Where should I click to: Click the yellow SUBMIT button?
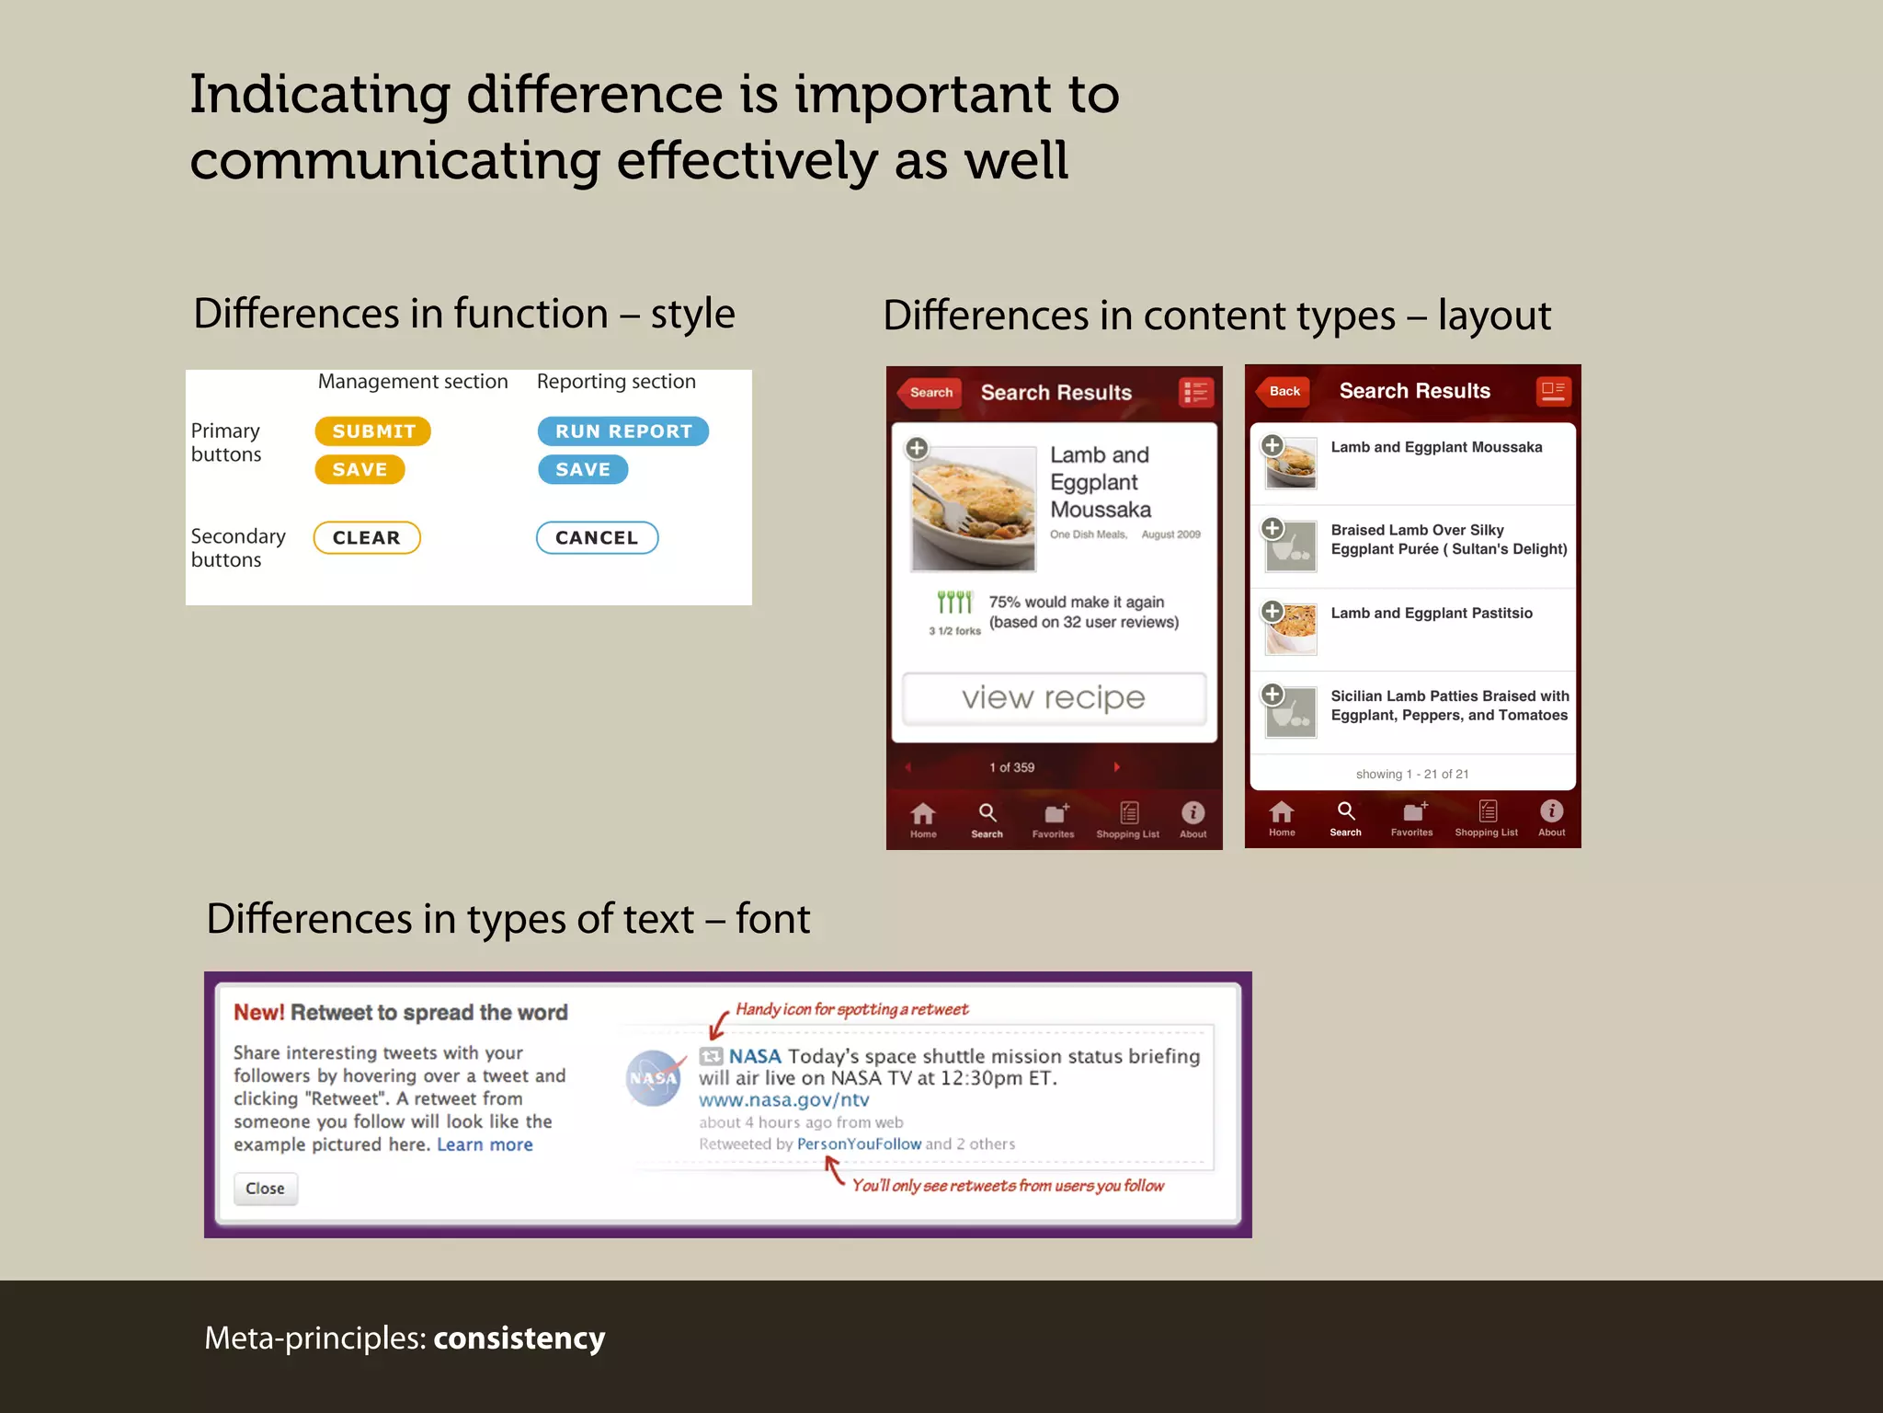pyautogui.click(x=372, y=431)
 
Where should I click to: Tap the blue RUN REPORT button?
pyautogui.click(x=623, y=431)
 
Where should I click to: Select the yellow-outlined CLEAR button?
pyautogui.click(x=367, y=538)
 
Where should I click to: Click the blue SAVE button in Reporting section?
pyautogui.click(x=583, y=470)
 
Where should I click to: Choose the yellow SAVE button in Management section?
pyautogui.click(x=359, y=470)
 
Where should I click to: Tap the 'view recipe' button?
pyautogui.click(x=1054, y=698)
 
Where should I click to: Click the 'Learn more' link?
pyautogui.click(x=485, y=1145)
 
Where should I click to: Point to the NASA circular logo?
pyautogui.click(x=654, y=1078)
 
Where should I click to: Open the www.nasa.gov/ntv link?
pyautogui.click(x=783, y=1100)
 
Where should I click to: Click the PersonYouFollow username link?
pyautogui.click(x=859, y=1144)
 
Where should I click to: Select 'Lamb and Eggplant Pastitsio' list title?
pyautogui.click(x=1432, y=614)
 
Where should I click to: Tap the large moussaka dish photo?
pyautogui.click(x=974, y=508)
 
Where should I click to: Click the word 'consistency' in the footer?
pyautogui.click(x=519, y=1338)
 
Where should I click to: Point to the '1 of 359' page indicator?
pyautogui.click(x=1011, y=768)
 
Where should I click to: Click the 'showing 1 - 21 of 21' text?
pyautogui.click(x=1412, y=775)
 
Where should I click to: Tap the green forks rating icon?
pyautogui.click(x=954, y=603)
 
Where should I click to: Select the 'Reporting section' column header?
pyautogui.click(x=616, y=382)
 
